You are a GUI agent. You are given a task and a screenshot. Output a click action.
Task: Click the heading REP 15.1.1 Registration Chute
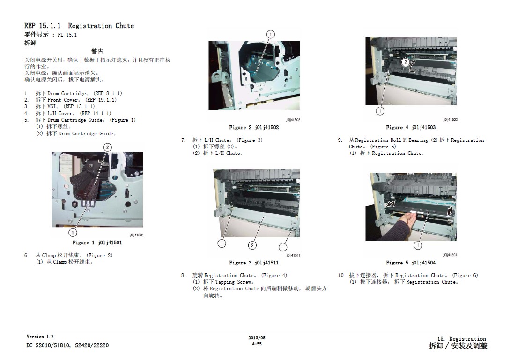click(79, 26)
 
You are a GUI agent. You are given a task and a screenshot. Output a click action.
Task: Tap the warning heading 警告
click(97, 51)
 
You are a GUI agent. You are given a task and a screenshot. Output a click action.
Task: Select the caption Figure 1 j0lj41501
click(97, 242)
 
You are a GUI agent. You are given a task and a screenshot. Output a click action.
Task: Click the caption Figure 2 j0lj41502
click(254, 127)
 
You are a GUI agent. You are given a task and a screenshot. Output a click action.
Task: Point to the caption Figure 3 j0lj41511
click(254, 263)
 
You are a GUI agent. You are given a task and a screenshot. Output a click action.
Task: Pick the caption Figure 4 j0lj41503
click(410, 127)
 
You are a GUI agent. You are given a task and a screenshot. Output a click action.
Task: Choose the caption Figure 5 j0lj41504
click(410, 263)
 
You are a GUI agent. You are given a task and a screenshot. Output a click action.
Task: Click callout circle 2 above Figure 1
click(108, 147)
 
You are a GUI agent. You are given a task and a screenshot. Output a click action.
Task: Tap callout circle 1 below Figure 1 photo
click(73, 233)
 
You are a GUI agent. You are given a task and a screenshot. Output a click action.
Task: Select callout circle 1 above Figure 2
click(271, 34)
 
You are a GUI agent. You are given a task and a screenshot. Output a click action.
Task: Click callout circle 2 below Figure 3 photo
click(252, 245)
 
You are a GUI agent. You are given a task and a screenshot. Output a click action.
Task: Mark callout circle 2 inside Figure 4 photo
click(405, 62)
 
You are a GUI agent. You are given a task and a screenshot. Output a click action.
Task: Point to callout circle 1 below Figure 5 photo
click(418, 245)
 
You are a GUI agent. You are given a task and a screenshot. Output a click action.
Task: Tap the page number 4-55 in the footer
click(257, 344)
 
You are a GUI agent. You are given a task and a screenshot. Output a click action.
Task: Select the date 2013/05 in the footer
click(257, 338)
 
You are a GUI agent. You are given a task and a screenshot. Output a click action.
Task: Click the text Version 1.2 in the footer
click(40, 337)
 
